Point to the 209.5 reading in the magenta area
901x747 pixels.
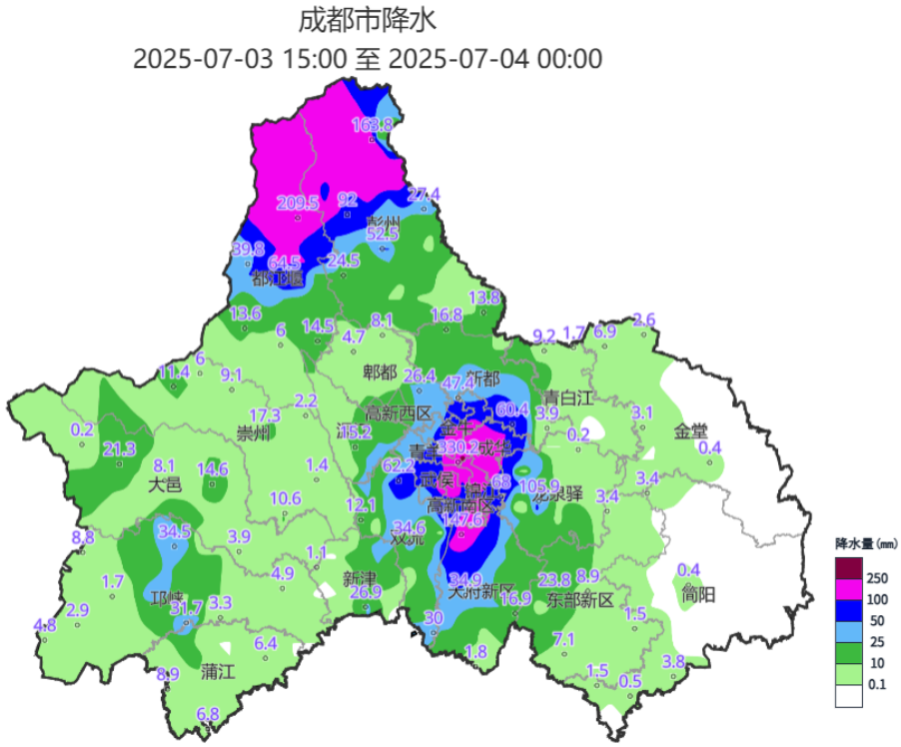pyautogui.click(x=297, y=204)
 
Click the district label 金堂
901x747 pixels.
pyautogui.click(x=690, y=430)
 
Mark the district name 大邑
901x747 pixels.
pyautogui.click(x=166, y=484)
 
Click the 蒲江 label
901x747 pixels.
pyautogui.click(x=217, y=670)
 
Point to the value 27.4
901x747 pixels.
pyautogui.click(x=423, y=194)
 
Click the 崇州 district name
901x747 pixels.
pyautogui.click(x=253, y=433)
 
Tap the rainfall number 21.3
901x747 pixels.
pyautogui.click(x=119, y=449)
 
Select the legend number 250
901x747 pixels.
pyautogui.click(x=878, y=578)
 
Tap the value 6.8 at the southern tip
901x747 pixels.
pyautogui.click(x=208, y=714)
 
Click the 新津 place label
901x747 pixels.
pyautogui.click(x=360, y=578)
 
